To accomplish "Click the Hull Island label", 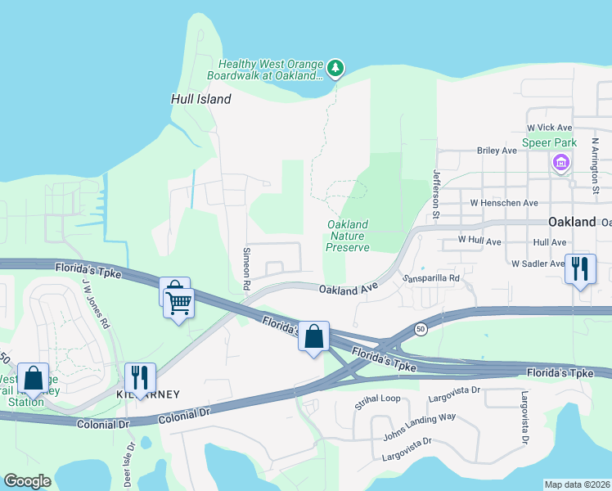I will click(x=200, y=99).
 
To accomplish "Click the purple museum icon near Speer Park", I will click(x=561, y=164).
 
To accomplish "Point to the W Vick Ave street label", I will click(x=550, y=128).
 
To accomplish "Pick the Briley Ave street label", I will click(x=497, y=151).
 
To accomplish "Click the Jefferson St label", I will click(x=436, y=195).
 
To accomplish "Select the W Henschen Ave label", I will click(x=504, y=202).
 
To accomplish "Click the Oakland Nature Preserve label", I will click(x=348, y=236).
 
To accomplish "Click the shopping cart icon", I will click(x=179, y=304).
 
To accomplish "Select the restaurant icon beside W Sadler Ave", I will click(x=579, y=269).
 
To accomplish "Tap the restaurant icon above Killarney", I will click(x=140, y=378).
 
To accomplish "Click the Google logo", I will click(x=27, y=481).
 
